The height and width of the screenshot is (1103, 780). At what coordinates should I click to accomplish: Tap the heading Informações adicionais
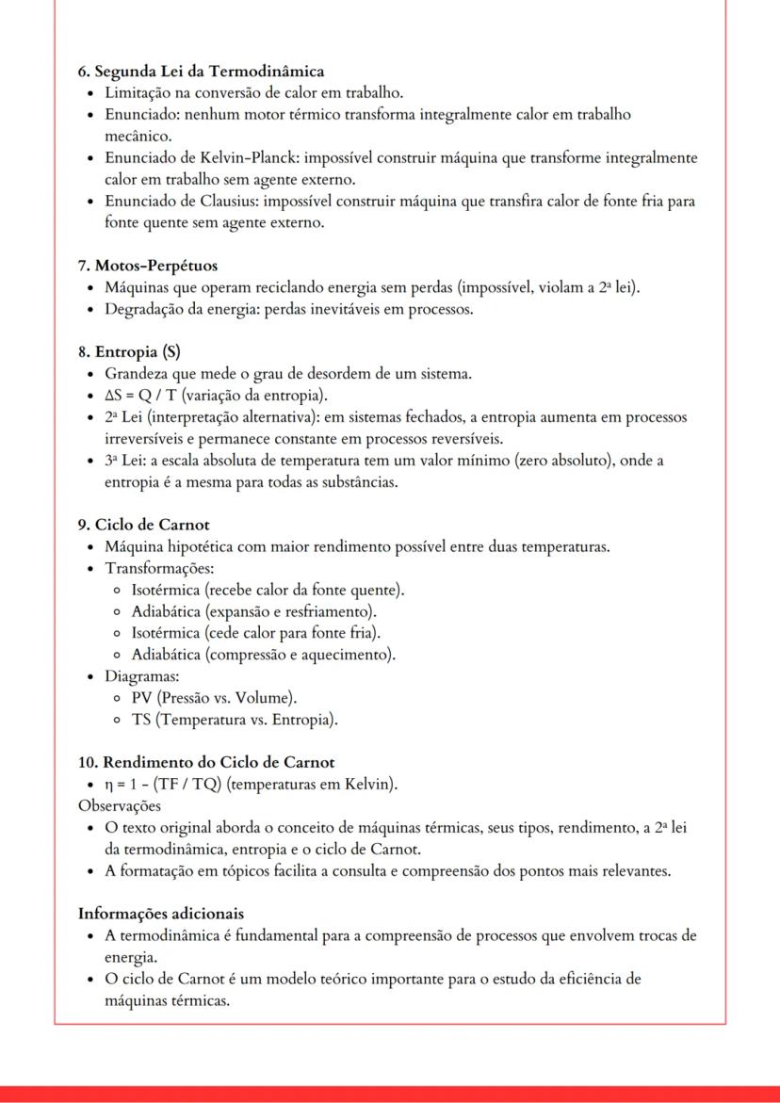pyautogui.click(x=161, y=914)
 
